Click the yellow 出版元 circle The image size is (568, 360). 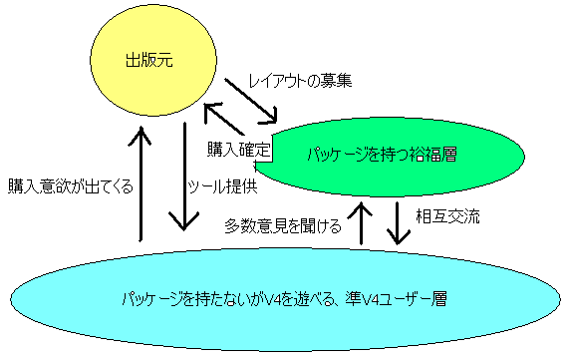tap(153, 61)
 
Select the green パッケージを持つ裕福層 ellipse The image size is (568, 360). tap(390, 157)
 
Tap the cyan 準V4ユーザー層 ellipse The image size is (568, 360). tap(285, 299)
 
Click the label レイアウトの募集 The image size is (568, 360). tap(300, 81)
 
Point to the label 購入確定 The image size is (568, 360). tap(239, 149)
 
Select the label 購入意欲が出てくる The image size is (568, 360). tap(71, 186)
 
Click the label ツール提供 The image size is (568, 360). tap(222, 186)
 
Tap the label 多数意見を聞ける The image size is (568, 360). tap(283, 225)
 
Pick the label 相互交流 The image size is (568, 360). tap(447, 216)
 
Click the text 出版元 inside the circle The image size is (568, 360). tap(149, 60)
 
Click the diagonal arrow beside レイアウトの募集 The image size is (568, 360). tap(251, 101)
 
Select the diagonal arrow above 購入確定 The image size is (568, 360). tap(224, 119)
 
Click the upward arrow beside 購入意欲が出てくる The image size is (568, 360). tap(141, 183)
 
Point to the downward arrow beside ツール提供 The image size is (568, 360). tap(184, 177)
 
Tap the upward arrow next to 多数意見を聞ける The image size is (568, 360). tap(361, 223)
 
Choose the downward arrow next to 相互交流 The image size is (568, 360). tap(398, 223)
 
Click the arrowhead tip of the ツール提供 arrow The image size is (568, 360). tap(184, 230)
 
